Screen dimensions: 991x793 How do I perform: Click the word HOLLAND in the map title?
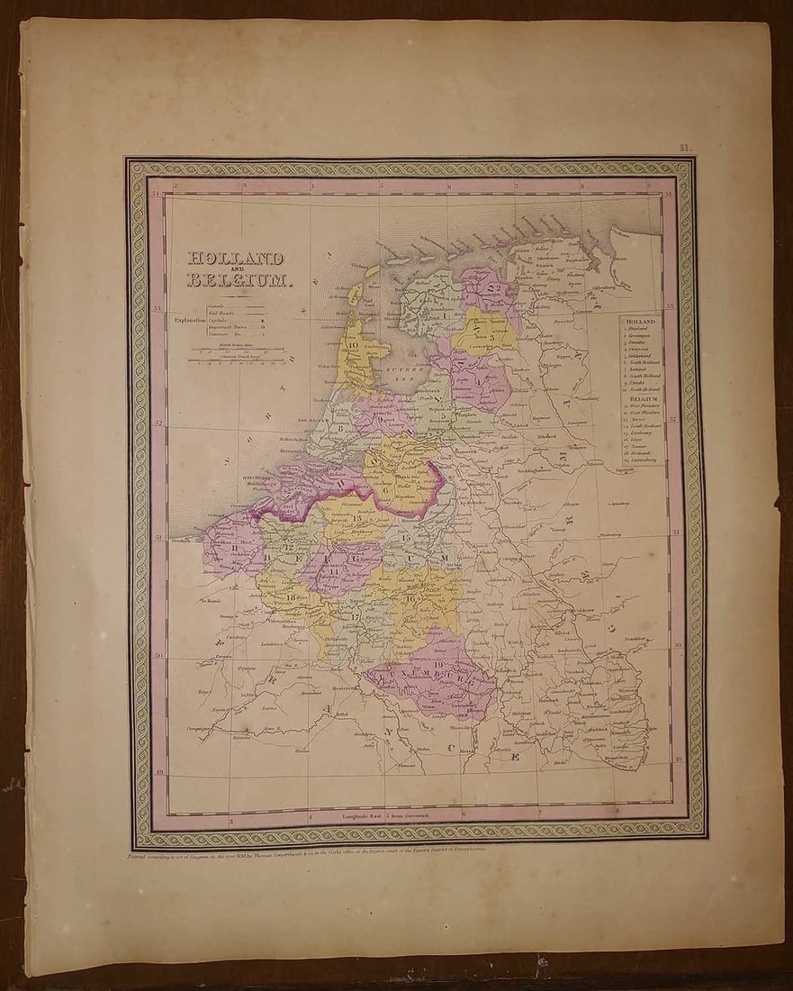(x=235, y=259)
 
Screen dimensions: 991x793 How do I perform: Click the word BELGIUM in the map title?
(x=239, y=280)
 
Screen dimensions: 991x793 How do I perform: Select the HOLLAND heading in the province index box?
(x=641, y=321)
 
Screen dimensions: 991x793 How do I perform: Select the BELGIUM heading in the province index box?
(x=641, y=396)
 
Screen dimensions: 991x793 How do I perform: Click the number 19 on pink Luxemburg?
(x=437, y=665)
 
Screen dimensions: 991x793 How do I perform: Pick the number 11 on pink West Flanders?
(x=236, y=547)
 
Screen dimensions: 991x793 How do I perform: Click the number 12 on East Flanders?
(x=290, y=547)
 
